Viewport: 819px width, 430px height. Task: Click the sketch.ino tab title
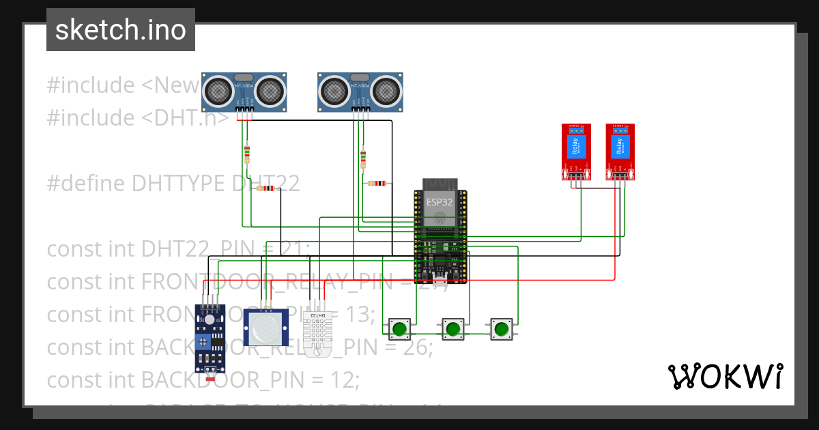click(120, 30)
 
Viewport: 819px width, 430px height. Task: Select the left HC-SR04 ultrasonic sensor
click(244, 91)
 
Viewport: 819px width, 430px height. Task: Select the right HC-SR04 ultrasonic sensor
click(360, 91)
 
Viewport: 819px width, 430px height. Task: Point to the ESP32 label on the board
click(440, 202)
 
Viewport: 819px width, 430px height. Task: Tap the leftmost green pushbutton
click(399, 329)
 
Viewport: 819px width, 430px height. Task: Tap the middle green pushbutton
click(452, 329)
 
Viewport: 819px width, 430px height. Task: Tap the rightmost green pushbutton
click(502, 329)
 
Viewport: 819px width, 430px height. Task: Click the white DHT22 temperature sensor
click(319, 334)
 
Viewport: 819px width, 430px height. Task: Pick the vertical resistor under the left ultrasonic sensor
click(246, 155)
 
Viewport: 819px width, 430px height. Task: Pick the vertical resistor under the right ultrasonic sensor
click(362, 160)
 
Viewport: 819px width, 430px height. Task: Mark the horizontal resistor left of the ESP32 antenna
click(377, 183)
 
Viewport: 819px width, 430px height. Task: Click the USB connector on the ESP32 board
click(440, 278)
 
